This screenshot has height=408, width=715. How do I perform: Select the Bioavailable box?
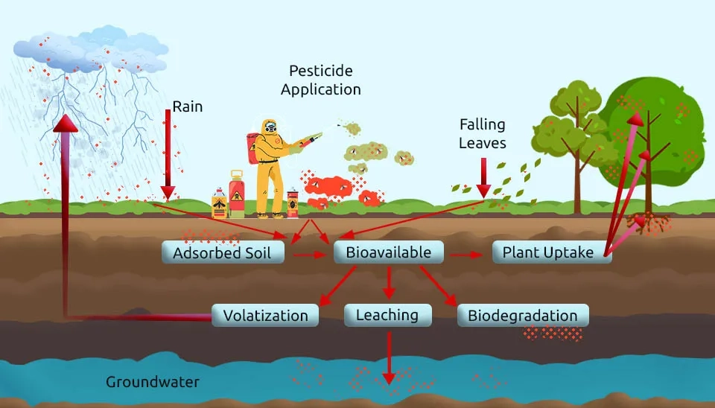[388, 252]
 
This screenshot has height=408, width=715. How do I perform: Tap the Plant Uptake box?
[548, 252]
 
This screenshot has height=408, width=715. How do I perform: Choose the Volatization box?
[265, 315]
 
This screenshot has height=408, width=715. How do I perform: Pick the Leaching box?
[387, 315]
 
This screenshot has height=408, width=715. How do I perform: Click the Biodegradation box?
[522, 315]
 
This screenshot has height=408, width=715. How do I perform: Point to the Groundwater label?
[153, 382]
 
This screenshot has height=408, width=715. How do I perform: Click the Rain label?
[187, 106]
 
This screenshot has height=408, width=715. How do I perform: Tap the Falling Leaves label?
[482, 133]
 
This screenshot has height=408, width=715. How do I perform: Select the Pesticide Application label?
[321, 80]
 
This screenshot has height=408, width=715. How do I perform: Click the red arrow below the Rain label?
[168, 156]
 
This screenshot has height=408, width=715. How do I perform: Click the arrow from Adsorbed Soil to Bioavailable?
[310, 255]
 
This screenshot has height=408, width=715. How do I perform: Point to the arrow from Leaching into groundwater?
[387, 357]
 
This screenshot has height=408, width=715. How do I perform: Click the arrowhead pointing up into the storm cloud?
[66, 124]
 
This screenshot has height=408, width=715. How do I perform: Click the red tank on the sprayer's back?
[253, 147]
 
